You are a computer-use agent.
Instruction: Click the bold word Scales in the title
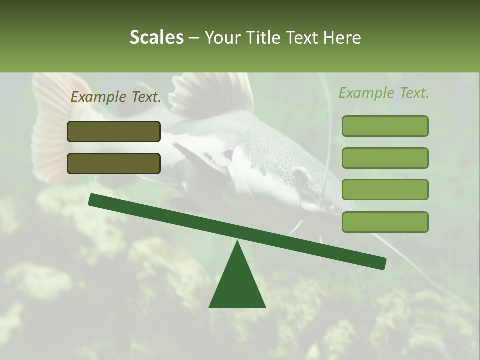coord(156,37)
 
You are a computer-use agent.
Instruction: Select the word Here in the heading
coord(341,37)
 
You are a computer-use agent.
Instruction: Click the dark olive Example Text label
coord(116,97)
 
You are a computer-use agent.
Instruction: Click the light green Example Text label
coord(384,93)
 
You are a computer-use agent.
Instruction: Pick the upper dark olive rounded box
coord(114,131)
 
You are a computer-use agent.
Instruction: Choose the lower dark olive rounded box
coord(114,163)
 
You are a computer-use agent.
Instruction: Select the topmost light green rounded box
coord(385,126)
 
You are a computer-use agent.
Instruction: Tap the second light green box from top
coord(385,158)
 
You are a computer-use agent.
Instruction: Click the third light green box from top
coord(385,189)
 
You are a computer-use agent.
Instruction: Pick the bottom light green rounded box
coord(385,222)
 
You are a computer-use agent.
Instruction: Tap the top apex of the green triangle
coord(237,242)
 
